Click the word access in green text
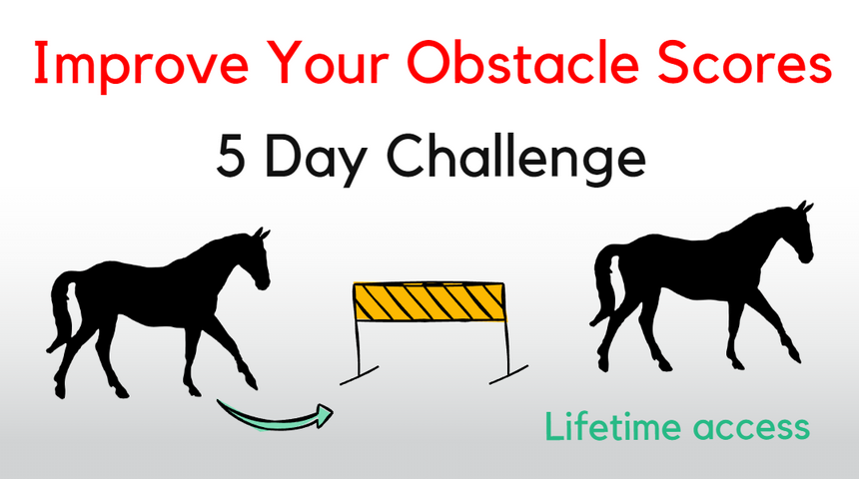[x=751, y=428]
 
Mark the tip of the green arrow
[x=332, y=409]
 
